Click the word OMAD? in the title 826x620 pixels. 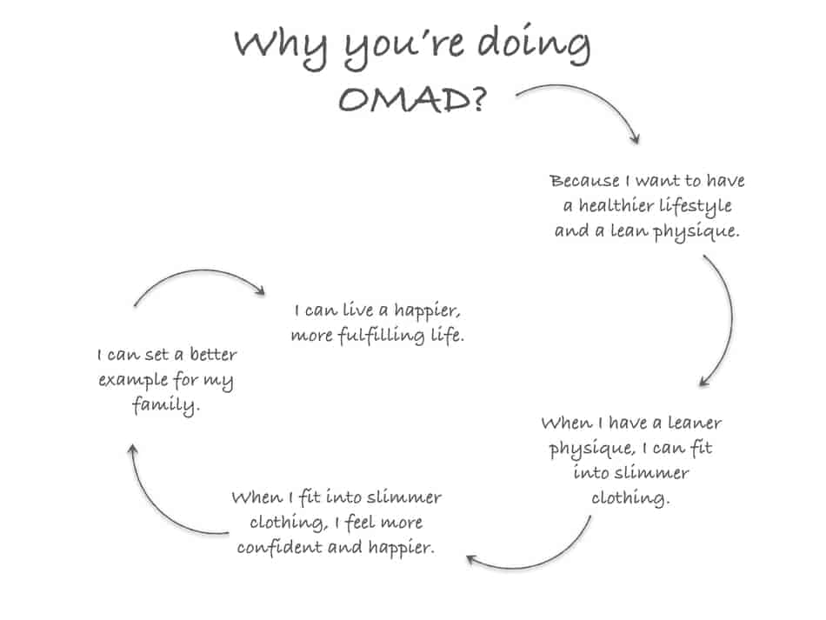[x=412, y=99]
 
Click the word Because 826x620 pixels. [x=585, y=181]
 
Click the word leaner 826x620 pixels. [x=695, y=423]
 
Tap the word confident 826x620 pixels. [x=280, y=547]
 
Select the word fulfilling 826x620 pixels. [x=381, y=336]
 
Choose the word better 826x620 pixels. [x=213, y=354]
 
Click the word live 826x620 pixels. [x=357, y=310]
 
